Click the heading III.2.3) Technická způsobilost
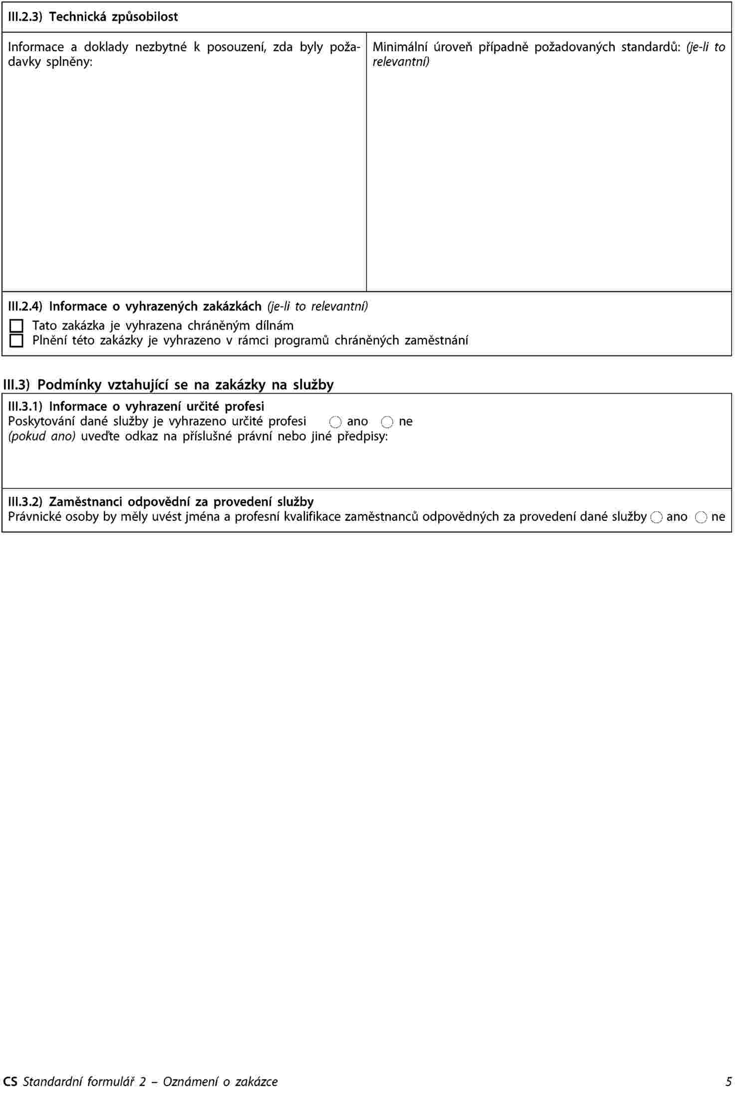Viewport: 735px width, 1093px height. click(93, 17)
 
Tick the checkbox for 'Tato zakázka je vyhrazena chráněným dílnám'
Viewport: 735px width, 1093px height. click(16, 326)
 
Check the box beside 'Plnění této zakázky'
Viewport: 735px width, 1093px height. click(16, 341)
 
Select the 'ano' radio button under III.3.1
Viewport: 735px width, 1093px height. click(336, 422)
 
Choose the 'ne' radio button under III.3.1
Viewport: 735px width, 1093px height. click(387, 422)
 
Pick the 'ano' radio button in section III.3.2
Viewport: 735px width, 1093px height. click(657, 517)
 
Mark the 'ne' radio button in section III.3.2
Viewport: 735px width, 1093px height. click(701, 517)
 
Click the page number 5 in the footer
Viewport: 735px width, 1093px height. click(729, 1082)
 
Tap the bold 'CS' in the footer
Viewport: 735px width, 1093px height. click(9, 1082)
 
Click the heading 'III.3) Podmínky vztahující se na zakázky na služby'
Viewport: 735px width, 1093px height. click(168, 384)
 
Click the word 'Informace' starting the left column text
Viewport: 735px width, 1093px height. click(36, 47)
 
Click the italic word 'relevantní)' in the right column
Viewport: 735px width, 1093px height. click(401, 62)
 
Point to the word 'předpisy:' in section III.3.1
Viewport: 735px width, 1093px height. click(363, 436)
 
